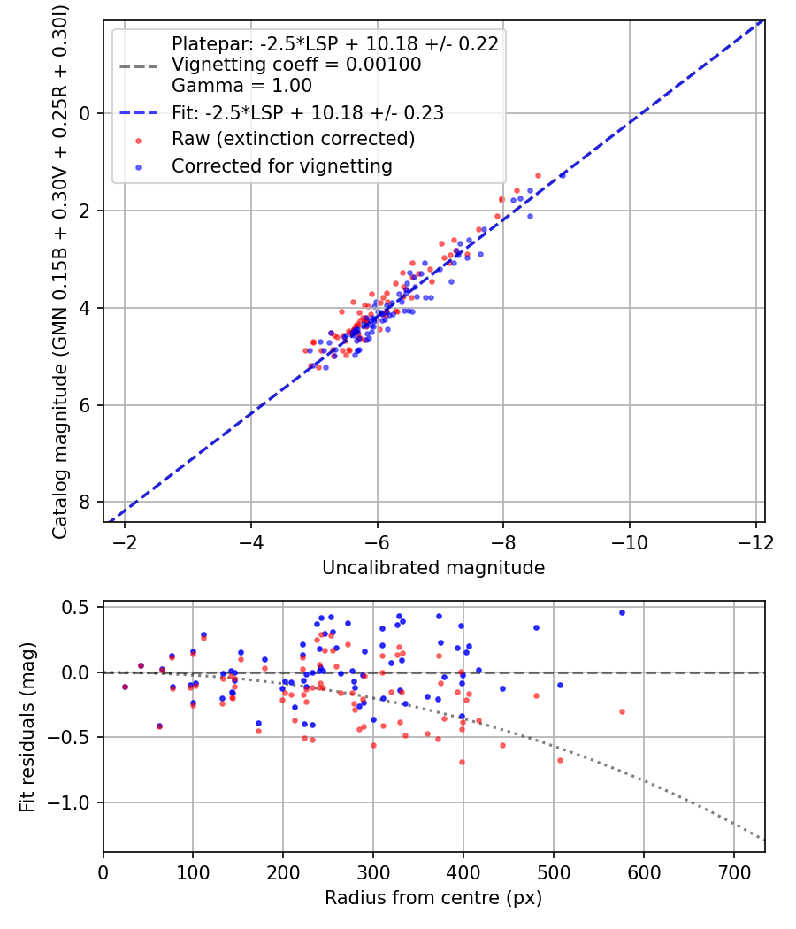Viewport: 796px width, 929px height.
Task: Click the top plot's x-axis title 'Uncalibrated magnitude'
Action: coord(433,567)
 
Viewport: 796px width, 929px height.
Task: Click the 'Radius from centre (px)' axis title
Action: coord(433,898)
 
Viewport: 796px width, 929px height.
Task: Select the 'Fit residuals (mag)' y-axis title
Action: coord(27,726)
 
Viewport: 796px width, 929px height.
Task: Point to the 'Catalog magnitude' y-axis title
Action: coord(60,271)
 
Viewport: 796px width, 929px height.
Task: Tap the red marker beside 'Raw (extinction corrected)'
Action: coord(137,140)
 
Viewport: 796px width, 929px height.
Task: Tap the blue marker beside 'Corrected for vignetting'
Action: coord(137,166)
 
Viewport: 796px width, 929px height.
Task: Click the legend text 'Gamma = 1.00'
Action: coord(241,87)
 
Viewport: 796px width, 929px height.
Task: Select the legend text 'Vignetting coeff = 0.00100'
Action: coord(296,65)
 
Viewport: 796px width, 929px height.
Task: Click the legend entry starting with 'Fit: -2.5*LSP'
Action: coord(307,113)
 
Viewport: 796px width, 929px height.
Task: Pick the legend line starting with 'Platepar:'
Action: coord(335,43)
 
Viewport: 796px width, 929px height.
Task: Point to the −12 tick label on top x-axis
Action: coord(755,541)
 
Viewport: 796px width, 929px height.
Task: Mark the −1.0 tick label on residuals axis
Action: coord(74,802)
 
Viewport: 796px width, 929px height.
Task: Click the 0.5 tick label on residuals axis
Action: coord(79,608)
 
